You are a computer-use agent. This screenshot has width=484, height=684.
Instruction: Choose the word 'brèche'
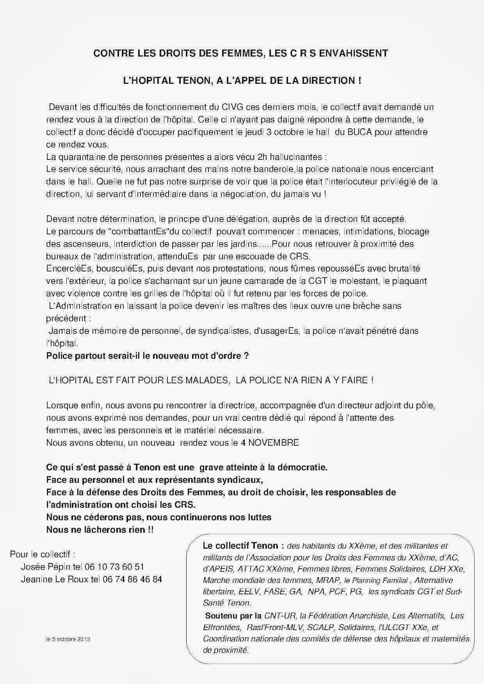368,306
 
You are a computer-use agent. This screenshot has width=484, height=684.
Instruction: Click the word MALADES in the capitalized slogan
204,380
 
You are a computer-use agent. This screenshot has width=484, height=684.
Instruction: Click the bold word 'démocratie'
303,467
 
